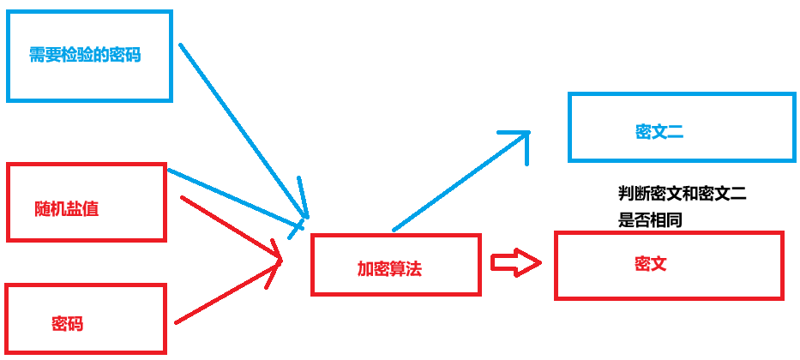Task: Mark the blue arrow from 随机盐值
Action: pyautogui.click(x=236, y=199)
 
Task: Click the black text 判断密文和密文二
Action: pyautogui.click(x=682, y=195)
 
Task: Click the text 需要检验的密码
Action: pyautogui.click(x=84, y=56)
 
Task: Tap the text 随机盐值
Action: pyautogui.click(x=67, y=208)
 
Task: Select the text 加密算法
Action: pyautogui.click(x=389, y=268)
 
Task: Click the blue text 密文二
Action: pyautogui.click(x=659, y=131)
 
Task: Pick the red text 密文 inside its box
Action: pyautogui.click(x=651, y=263)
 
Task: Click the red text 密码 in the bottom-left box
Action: pyautogui.click(x=67, y=324)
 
